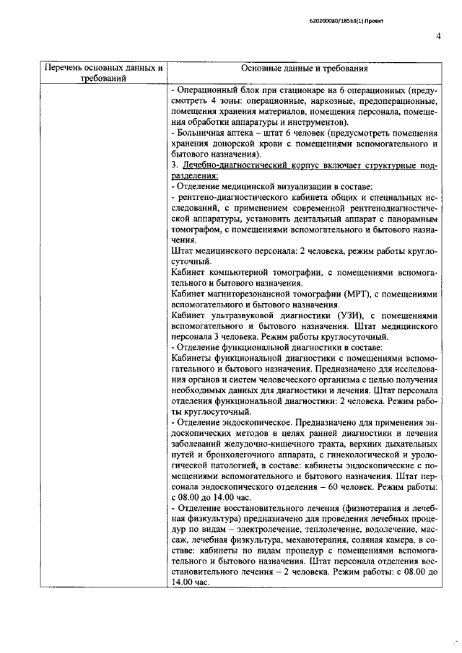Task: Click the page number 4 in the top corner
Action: [438, 38]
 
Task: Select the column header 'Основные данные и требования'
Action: [305, 69]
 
